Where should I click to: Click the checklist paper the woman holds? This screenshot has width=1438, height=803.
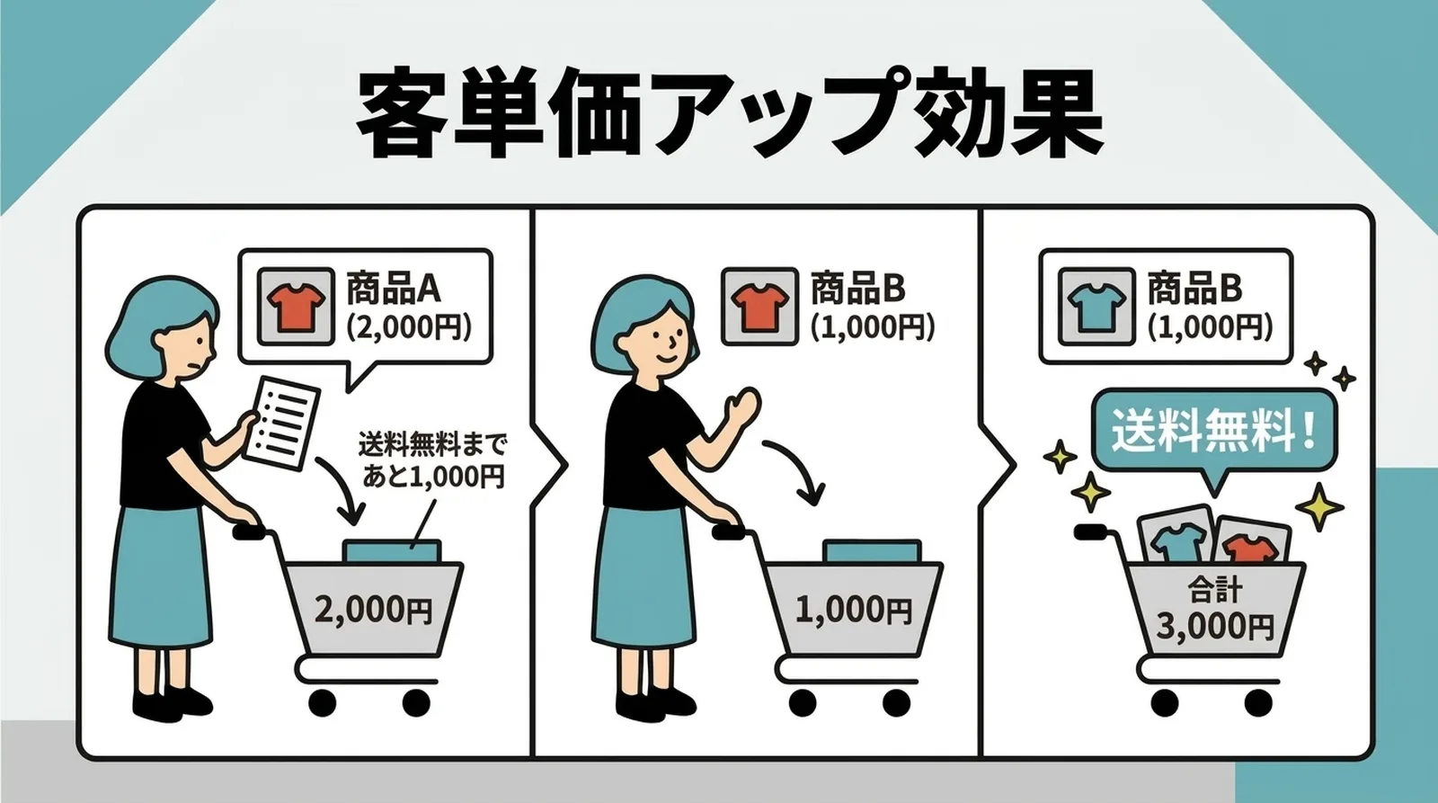click(282, 422)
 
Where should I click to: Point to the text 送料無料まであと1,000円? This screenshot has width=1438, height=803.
click(432, 459)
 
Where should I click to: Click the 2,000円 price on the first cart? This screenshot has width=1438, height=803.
click(373, 610)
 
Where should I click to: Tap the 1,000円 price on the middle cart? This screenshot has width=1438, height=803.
click(853, 610)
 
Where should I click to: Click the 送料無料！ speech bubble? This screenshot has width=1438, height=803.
click(1214, 431)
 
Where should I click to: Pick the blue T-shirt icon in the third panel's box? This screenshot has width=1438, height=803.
click(1094, 307)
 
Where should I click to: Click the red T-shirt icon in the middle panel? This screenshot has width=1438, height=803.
click(759, 307)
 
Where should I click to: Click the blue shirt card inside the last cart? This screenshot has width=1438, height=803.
click(1172, 540)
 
